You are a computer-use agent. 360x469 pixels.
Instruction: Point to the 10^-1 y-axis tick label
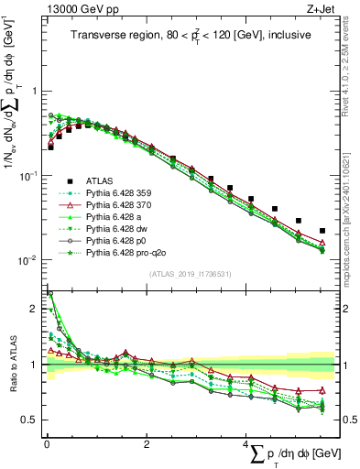[x=30, y=175]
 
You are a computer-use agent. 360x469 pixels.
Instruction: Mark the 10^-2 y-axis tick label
[x=30, y=259]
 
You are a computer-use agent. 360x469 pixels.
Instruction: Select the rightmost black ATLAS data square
[x=322, y=231]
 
